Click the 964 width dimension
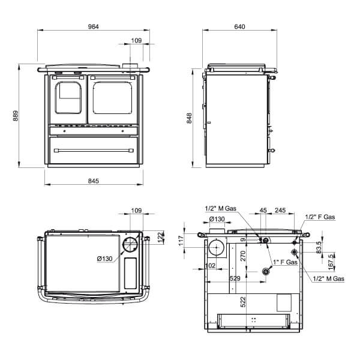(93, 26)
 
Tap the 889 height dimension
(16, 115)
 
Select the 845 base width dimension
(94, 181)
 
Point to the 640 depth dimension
(239, 26)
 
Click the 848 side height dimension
(189, 118)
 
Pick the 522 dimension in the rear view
(243, 302)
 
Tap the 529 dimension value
(235, 278)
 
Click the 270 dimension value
(243, 256)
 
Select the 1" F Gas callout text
(285, 262)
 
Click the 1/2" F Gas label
(320, 217)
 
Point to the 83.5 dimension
(319, 247)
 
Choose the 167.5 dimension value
(331, 262)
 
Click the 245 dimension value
(280, 210)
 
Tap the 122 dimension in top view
(161, 237)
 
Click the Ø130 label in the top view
(104, 259)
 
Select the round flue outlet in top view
(131, 245)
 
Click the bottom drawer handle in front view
(94, 151)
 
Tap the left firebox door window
(68, 98)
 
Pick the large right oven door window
(112, 98)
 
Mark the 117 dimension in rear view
(181, 241)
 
